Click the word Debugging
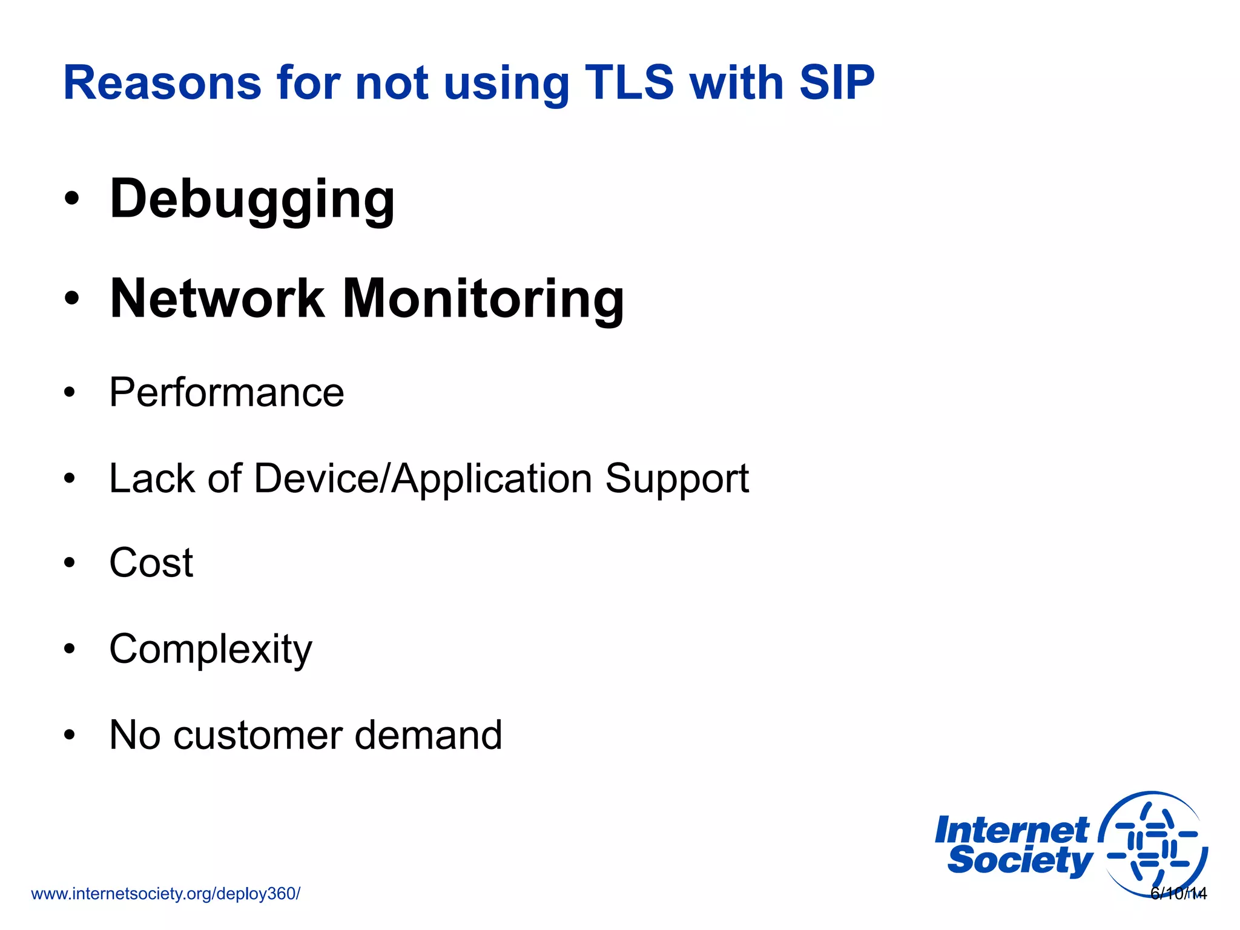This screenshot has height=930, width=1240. [x=252, y=200]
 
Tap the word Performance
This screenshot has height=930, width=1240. [x=226, y=393]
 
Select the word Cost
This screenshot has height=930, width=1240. [x=151, y=563]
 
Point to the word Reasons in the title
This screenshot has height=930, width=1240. [x=162, y=84]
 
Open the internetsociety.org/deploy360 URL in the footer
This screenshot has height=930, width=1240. [x=165, y=894]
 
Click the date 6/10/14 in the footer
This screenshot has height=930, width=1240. [x=1178, y=894]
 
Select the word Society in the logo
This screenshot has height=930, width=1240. [x=1020, y=860]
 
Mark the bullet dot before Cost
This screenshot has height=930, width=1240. [x=70, y=562]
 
